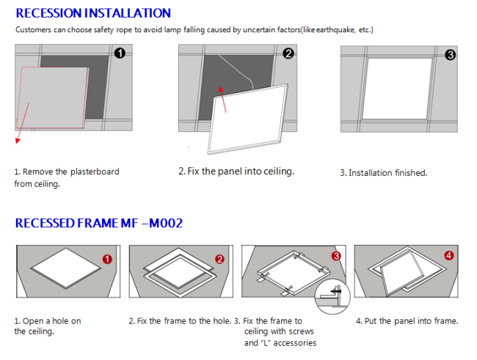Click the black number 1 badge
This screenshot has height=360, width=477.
click(120, 54)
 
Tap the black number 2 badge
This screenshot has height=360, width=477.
click(288, 54)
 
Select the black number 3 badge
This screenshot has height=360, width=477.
click(451, 55)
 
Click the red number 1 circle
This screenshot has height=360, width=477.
click(107, 259)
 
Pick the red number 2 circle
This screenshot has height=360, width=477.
click(219, 259)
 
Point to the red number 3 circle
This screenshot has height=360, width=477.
click(336, 256)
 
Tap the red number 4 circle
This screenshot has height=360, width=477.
click(449, 255)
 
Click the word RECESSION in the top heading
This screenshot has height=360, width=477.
click(48, 13)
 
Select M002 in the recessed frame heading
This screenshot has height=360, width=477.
click(166, 223)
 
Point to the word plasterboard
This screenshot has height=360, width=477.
click(95, 172)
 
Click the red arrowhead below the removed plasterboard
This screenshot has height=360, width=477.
click(18, 141)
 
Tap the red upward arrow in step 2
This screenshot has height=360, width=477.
click(222, 100)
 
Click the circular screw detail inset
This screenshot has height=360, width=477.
click(332, 296)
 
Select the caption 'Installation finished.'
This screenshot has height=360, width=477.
click(388, 173)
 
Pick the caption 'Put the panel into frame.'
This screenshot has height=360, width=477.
click(411, 321)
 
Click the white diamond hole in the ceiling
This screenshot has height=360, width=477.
click(66, 268)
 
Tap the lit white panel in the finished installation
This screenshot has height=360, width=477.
click(397, 89)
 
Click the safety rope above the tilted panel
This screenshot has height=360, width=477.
click(238, 70)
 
